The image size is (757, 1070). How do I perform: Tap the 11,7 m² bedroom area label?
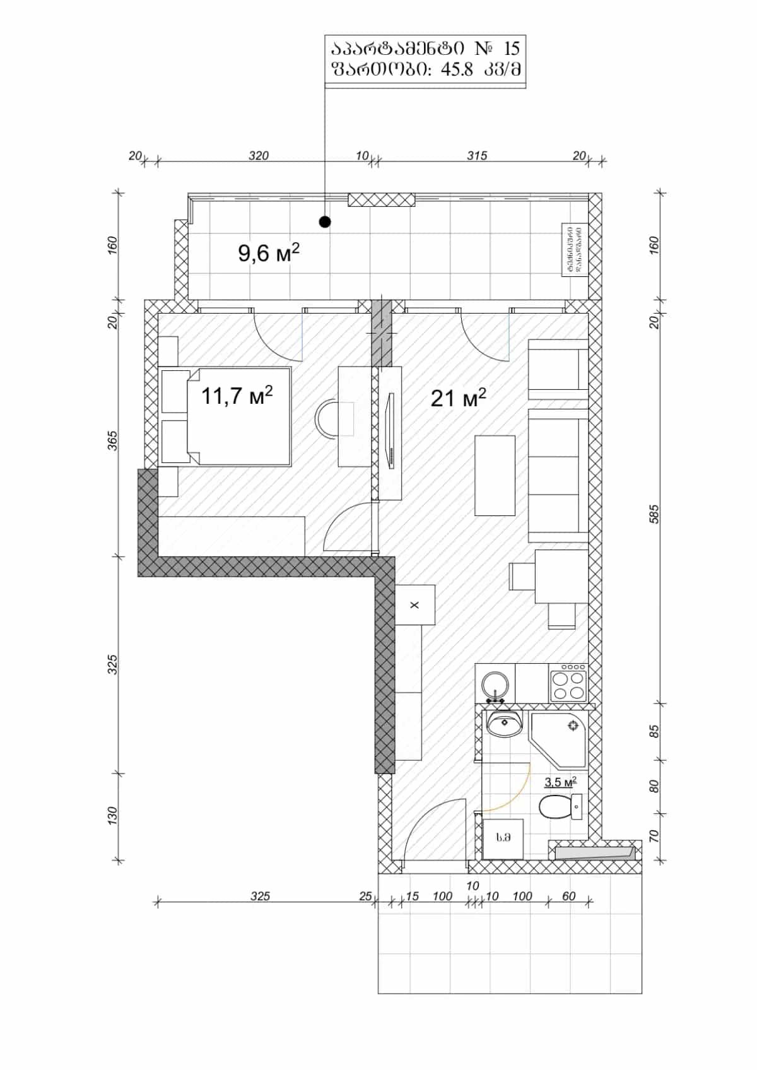[x=237, y=396]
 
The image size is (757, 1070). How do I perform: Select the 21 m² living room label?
[x=458, y=397]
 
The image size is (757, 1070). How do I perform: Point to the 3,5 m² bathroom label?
[x=560, y=782]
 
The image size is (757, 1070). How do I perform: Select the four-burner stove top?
[x=568, y=684]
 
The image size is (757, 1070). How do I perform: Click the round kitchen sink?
[x=495, y=684]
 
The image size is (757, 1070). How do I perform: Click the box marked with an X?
[x=414, y=605]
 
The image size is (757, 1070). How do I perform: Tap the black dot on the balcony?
[x=325, y=221]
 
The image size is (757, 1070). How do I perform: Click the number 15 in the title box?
[x=512, y=49]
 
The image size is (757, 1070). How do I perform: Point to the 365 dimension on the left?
[x=112, y=440]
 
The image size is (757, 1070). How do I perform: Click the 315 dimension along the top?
[x=477, y=155]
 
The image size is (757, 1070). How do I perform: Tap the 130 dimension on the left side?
[x=112, y=816]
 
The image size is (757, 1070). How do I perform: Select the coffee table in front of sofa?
[x=495, y=474]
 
